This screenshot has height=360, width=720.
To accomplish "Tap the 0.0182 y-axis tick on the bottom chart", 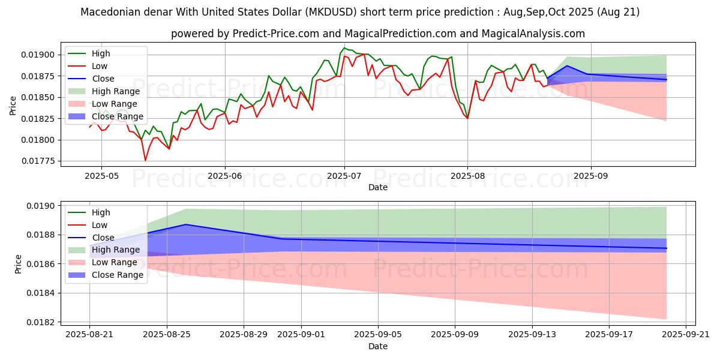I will (x=40, y=322).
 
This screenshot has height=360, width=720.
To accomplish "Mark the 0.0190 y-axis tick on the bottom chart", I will (x=40, y=206).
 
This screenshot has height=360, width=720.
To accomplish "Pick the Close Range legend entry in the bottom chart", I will (x=118, y=275).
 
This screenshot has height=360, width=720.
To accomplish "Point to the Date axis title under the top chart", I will (x=378, y=187).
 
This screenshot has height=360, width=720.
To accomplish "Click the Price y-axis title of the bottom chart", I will (x=19, y=263).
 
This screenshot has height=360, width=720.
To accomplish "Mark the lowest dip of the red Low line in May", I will (x=145, y=160).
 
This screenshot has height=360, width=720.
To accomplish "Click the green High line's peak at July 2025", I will (x=344, y=48).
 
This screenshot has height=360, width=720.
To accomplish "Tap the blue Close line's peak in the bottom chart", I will (x=186, y=224).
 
